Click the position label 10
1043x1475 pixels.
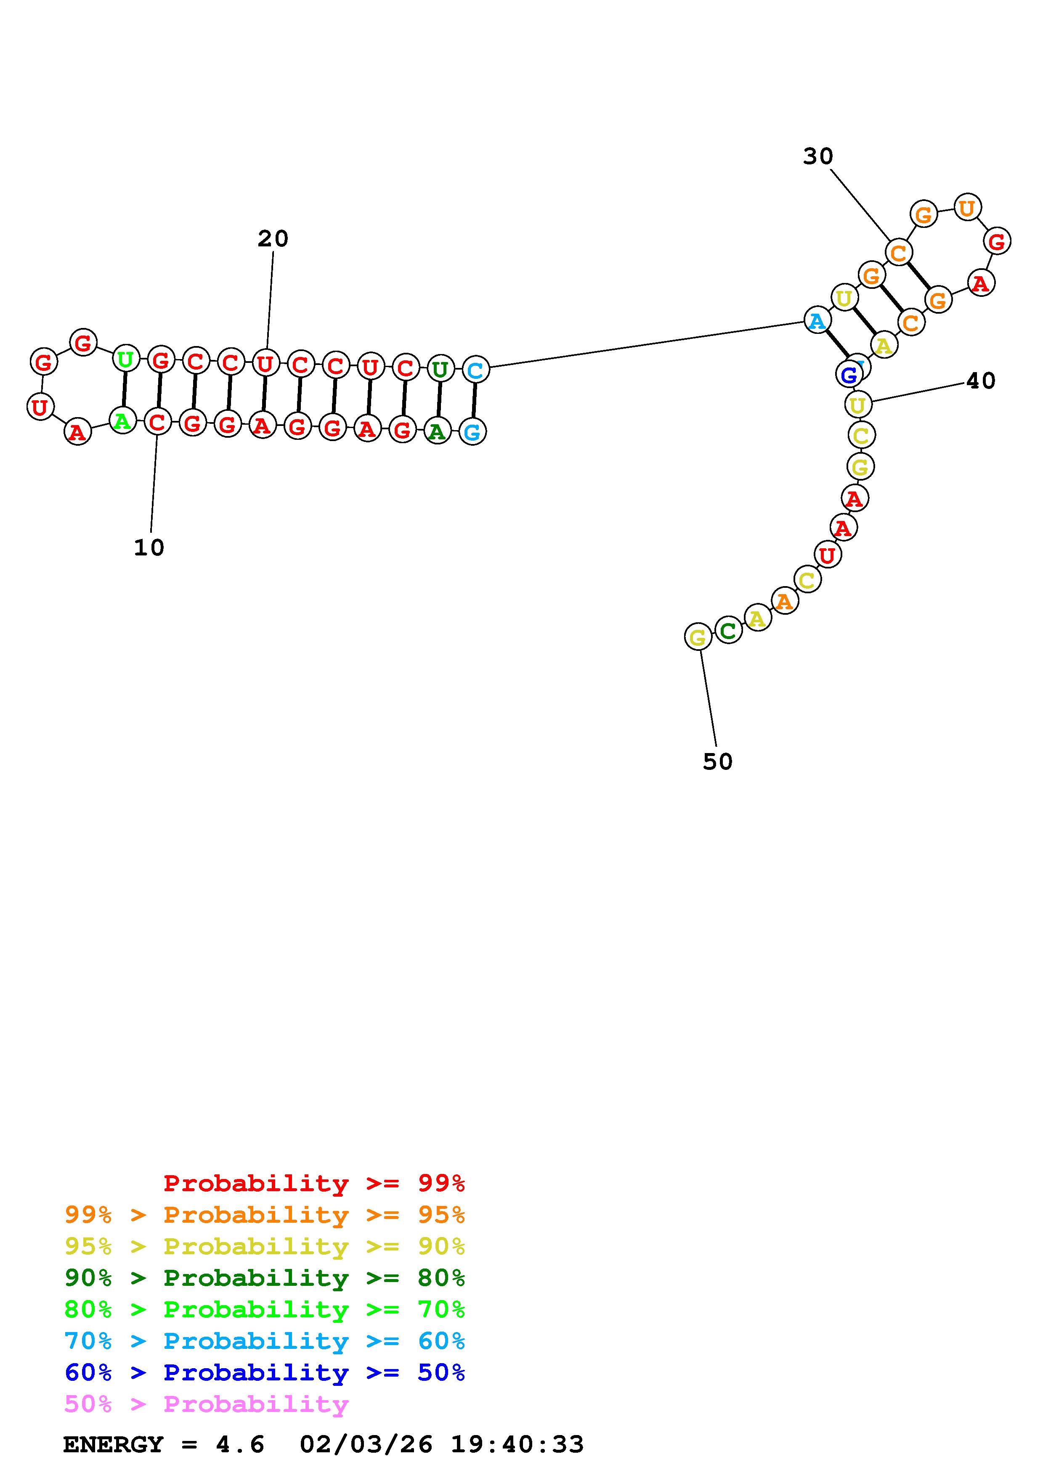(x=149, y=548)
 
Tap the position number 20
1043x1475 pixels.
(x=273, y=239)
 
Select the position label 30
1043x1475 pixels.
(x=817, y=156)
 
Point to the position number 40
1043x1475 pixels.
(x=981, y=381)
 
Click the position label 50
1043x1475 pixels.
(x=717, y=762)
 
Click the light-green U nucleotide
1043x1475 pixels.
(x=125, y=359)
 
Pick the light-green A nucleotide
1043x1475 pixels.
(x=122, y=421)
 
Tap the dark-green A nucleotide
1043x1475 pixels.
(x=437, y=432)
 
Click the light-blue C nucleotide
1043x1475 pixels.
(x=475, y=370)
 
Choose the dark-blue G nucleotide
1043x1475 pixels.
(x=849, y=375)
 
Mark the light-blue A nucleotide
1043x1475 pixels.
(x=817, y=320)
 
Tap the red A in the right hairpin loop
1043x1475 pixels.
(x=980, y=283)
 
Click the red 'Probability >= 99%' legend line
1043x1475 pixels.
(x=314, y=1183)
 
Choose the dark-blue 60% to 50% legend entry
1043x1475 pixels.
(x=265, y=1372)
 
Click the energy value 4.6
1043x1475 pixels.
(x=240, y=1445)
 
